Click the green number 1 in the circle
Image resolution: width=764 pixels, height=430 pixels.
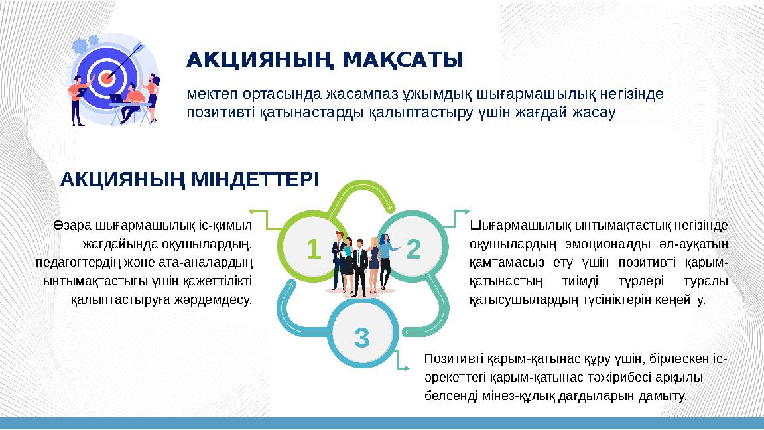point(312,250)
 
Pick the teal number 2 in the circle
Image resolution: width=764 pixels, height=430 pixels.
point(414,250)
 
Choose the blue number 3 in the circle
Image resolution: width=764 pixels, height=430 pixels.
point(361,338)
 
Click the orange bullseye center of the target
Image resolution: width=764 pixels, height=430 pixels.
point(107,78)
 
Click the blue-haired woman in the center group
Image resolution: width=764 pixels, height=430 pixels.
point(385,255)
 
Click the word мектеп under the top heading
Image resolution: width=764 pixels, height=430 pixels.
point(207,94)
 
